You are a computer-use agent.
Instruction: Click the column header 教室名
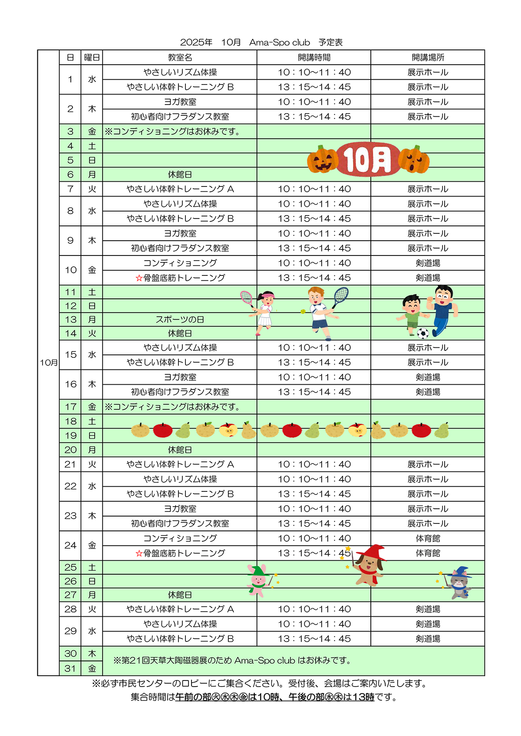tap(180, 57)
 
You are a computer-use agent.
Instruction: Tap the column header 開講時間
tap(314, 57)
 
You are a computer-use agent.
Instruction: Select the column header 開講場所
tap(428, 57)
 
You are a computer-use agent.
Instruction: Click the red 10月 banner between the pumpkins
tap(368, 159)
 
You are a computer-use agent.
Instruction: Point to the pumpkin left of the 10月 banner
tap(322, 159)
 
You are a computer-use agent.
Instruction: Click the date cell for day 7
tap(70, 189)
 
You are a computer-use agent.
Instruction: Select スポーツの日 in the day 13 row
tap(180, 320)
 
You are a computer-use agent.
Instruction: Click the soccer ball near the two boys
tap(422, 333)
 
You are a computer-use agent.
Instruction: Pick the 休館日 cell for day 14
tap(180, 334)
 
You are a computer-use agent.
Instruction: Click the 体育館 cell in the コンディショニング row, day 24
tap(428, 538)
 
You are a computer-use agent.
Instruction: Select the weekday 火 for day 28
tap(92, 609)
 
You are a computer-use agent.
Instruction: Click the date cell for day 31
tap(70, 668)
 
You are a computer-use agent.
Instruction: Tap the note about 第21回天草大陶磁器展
tap(232, 661)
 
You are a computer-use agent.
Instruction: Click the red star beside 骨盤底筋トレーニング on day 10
tap(139, 278)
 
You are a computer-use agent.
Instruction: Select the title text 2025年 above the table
tap(196, 43)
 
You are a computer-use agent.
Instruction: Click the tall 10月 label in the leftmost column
tap(49, 363)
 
